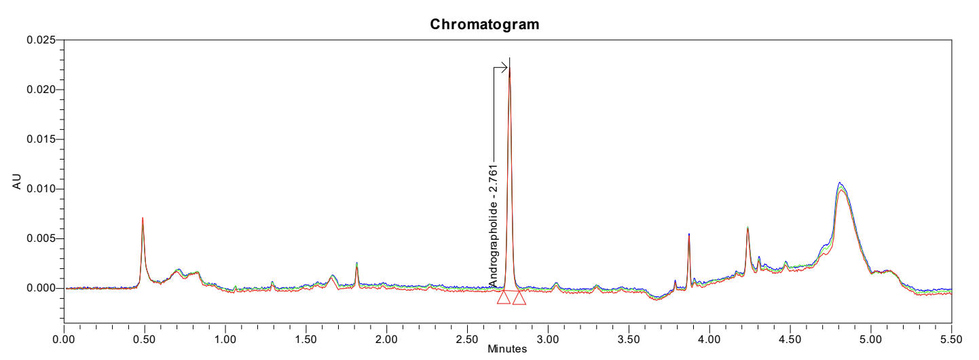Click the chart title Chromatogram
point(485,24)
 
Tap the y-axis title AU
point(18,181)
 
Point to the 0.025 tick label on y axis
point(41,40)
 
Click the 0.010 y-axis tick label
point(41,189)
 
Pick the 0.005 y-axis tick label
point(41,238)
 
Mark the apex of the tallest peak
point(510,60)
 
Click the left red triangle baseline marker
point(503,298)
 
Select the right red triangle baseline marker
point(519,298)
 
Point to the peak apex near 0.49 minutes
point(143,218)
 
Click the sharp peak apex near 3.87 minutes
point(688,234)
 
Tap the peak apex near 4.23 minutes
point(747,228)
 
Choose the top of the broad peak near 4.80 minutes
point(840,183)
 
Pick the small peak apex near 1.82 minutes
point(356,263)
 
